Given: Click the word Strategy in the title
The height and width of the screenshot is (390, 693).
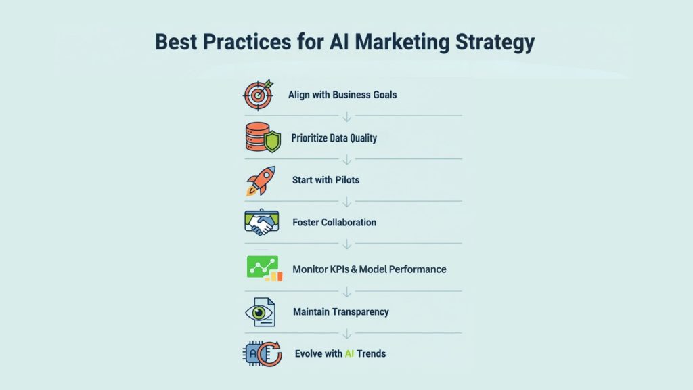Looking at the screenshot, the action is click(495, 43).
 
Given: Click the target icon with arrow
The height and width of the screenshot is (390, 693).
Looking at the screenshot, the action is click(259, 95).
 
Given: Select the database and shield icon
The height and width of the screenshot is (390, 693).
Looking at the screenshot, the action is click(263, 137).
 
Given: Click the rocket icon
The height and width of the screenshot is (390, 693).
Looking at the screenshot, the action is click(261, 180).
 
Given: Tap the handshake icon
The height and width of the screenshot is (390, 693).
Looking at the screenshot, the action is click(262, 222).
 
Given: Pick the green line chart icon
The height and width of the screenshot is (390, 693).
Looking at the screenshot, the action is click(265, 268).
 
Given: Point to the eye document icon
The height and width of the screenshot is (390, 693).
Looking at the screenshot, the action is click(261, 312).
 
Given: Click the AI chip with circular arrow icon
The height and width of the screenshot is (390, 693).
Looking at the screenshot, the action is click(262, 353).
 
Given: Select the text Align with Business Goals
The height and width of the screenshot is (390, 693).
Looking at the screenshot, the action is click(342, 95).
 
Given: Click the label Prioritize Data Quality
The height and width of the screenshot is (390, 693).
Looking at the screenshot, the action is click(334, 138).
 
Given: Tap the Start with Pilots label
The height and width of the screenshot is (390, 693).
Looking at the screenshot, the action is click(326, 180).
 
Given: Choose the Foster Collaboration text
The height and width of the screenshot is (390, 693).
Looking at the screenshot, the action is click(334, 222).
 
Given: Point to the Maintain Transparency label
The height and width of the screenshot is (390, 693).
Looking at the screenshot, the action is click(341, 312).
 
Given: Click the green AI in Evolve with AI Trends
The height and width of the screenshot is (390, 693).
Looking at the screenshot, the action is click(349, 353).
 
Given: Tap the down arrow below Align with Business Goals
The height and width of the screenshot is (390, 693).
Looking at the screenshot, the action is click(347, 116).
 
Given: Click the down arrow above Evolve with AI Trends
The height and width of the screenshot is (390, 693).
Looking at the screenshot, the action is click(347, 334).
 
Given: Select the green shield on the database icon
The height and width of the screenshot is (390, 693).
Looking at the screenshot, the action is click(272, 142).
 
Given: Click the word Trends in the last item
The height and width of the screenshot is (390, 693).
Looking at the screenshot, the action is click(372, 353).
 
